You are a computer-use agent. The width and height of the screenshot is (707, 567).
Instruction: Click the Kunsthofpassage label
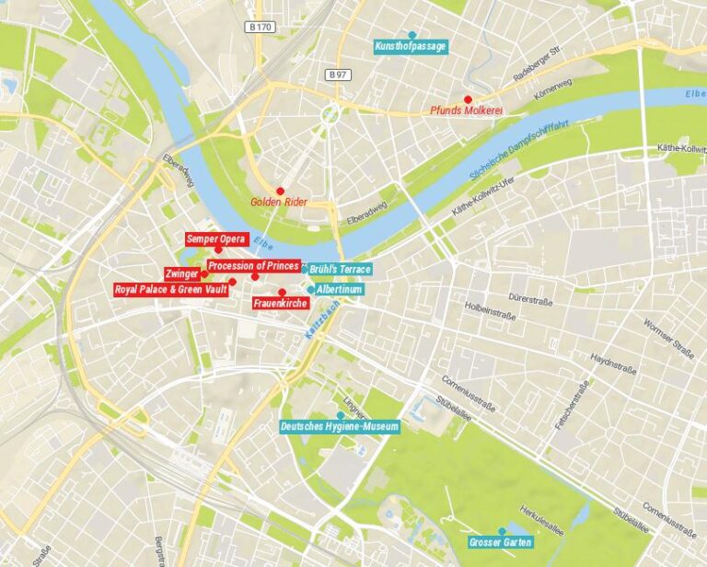[x=411, y=46]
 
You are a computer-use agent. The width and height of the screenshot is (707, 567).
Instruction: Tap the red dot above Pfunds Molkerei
[x=468, y=99]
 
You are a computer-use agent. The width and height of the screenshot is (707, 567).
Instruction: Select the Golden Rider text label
[x=278, y=202]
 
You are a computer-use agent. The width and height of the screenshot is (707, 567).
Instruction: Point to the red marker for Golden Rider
[x=280, y=191]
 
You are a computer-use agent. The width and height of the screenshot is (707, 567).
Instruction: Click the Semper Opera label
[x=216, y=239]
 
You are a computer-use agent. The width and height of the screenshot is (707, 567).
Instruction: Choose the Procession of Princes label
[x=253, y=266]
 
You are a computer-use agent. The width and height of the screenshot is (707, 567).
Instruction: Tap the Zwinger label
[x=181, y=273]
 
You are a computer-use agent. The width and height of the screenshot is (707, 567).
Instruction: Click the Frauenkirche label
[x=280, y=302]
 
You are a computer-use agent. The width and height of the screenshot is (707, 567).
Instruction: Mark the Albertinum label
[x=338, y=289]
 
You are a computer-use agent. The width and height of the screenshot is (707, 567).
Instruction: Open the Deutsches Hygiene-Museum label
[x=340, y=426]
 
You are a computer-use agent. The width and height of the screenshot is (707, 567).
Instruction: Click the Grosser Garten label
[x=500, y=542]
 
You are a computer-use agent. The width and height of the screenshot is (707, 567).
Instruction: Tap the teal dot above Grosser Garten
[x=502, y=531]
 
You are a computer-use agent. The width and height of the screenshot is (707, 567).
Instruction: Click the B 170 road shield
[x=261, y=28]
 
